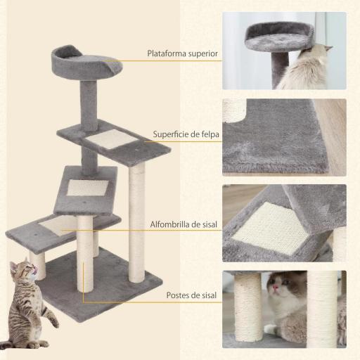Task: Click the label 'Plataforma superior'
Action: coord(182,53)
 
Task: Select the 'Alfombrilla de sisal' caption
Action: coord(183,225)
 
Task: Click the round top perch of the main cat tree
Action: coord(86,63)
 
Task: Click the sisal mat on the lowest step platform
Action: coord(59,225)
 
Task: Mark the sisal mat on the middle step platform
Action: coord(87,187)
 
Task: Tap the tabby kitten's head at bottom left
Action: coord(23,270)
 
